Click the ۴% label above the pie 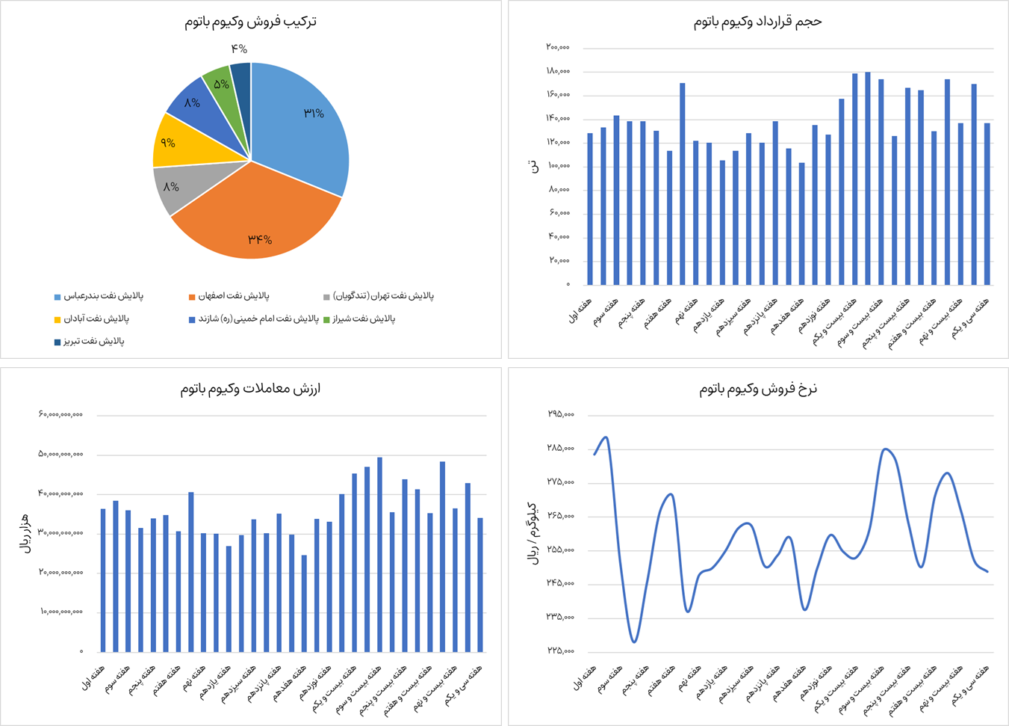[x=239, y=49]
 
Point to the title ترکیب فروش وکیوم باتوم [x=251, y=21]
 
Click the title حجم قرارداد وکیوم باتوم [x=757, y=21]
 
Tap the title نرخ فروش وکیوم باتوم [x=758, y=388]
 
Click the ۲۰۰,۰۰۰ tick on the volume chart [x=557, y=48]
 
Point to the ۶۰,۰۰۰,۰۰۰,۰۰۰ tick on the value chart [x=60, y=414]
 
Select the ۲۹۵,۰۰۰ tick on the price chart [x=560, y=414]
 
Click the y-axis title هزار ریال [x=25, y=533]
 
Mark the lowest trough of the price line [x=634, y=642]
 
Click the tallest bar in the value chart [x=379, y=554]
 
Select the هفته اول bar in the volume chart [x=590, y=209]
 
